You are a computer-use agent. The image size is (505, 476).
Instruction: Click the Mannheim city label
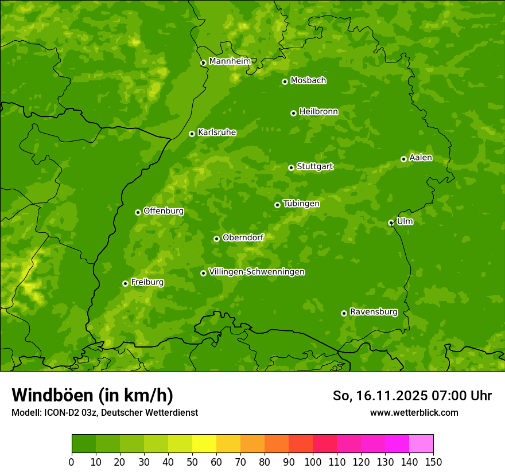(x=230, y=61)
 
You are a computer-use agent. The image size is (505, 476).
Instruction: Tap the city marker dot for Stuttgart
(x=291, y=167)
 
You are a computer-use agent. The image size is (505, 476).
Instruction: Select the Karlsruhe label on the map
(x=216, y=132)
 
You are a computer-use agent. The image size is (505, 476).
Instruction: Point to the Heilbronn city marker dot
(x=293, y=113)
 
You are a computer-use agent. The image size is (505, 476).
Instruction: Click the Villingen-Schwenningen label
(x=257, y=272)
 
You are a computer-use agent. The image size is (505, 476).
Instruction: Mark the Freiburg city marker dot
(x=125, y=283)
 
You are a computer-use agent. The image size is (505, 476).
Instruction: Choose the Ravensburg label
(x=373, y=312)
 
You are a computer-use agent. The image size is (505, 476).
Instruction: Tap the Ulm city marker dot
(x=391, y=223)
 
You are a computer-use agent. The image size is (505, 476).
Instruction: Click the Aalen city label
(x=420, y=158)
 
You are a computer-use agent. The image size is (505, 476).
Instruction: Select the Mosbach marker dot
(x=285, y=81)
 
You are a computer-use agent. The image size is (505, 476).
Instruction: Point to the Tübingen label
(x=301, y=204)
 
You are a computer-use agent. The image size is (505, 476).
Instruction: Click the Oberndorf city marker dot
(x=216, y=239)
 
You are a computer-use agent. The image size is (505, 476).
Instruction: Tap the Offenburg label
(x=163, y=211)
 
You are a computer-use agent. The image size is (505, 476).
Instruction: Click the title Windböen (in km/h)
(x=92, y=395)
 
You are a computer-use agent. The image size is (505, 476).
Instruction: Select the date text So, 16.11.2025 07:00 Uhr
(x=412, y=396)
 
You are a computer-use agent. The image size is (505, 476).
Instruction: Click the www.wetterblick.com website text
(x=414, y=412)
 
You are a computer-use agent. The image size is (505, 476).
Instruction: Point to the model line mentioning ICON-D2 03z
(x=104, y=412)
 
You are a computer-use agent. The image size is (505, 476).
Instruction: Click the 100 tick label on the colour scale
(x=312, y=462)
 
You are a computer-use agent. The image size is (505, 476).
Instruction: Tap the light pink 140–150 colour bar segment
(x=421, y=444)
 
